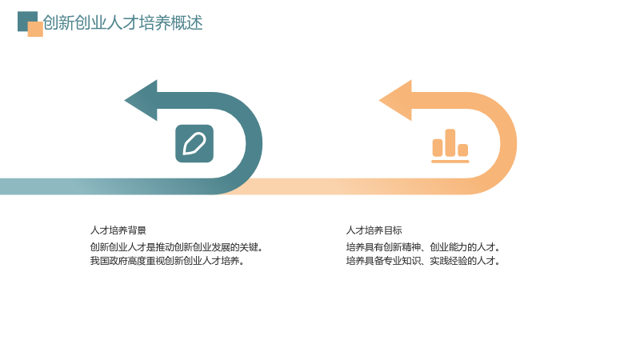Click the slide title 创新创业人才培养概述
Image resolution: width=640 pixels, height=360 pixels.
pyautogui.click(x=123, y=23)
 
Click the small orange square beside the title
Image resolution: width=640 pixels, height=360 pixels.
pyautogui.click(x=35, y=29)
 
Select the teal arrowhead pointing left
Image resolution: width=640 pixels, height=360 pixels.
pyautogui.click(x=141, y=101)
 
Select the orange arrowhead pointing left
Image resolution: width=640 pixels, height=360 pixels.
pyautogui.click(x=395, y=101)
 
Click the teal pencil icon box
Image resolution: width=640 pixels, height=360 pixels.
pyautogui.click(x=194, y=144)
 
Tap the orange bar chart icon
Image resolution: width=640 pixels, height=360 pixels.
pyautogui.click(x=450, y=146)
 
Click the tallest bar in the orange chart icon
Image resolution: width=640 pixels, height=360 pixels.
pyautogui.click(x=450, y=143)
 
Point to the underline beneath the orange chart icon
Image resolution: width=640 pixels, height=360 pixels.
pyautogui.click(x=450, y=162)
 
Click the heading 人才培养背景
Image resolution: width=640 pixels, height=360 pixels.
pyautogui.click(x=118, y=230)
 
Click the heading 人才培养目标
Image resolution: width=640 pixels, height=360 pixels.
pyautogui.click(x=374, y=230)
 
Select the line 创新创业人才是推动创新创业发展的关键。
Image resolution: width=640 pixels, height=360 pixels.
pyautogui.click(x=177, y=247)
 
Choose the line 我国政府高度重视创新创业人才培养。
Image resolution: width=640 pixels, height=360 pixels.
pyautogui.click(x=167, y=261)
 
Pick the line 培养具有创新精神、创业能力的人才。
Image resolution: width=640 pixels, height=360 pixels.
pyautogui.click(x=423, y=247)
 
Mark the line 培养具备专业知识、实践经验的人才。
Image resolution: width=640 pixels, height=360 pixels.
pyautogui.click(x=423, y=261)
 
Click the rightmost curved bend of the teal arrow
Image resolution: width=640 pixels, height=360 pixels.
pyautogui.click(x=254, y=143)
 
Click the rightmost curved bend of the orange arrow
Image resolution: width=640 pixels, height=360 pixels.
pyautogui.click(x=509, y=143)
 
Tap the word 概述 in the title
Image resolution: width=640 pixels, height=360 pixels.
pyautogui.click(x=186, y=23)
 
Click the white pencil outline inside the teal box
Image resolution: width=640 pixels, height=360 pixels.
pyautogui.click(x=194, y=144)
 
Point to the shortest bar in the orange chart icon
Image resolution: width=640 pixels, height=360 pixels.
pyautogui.click(x=463, y=150)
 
